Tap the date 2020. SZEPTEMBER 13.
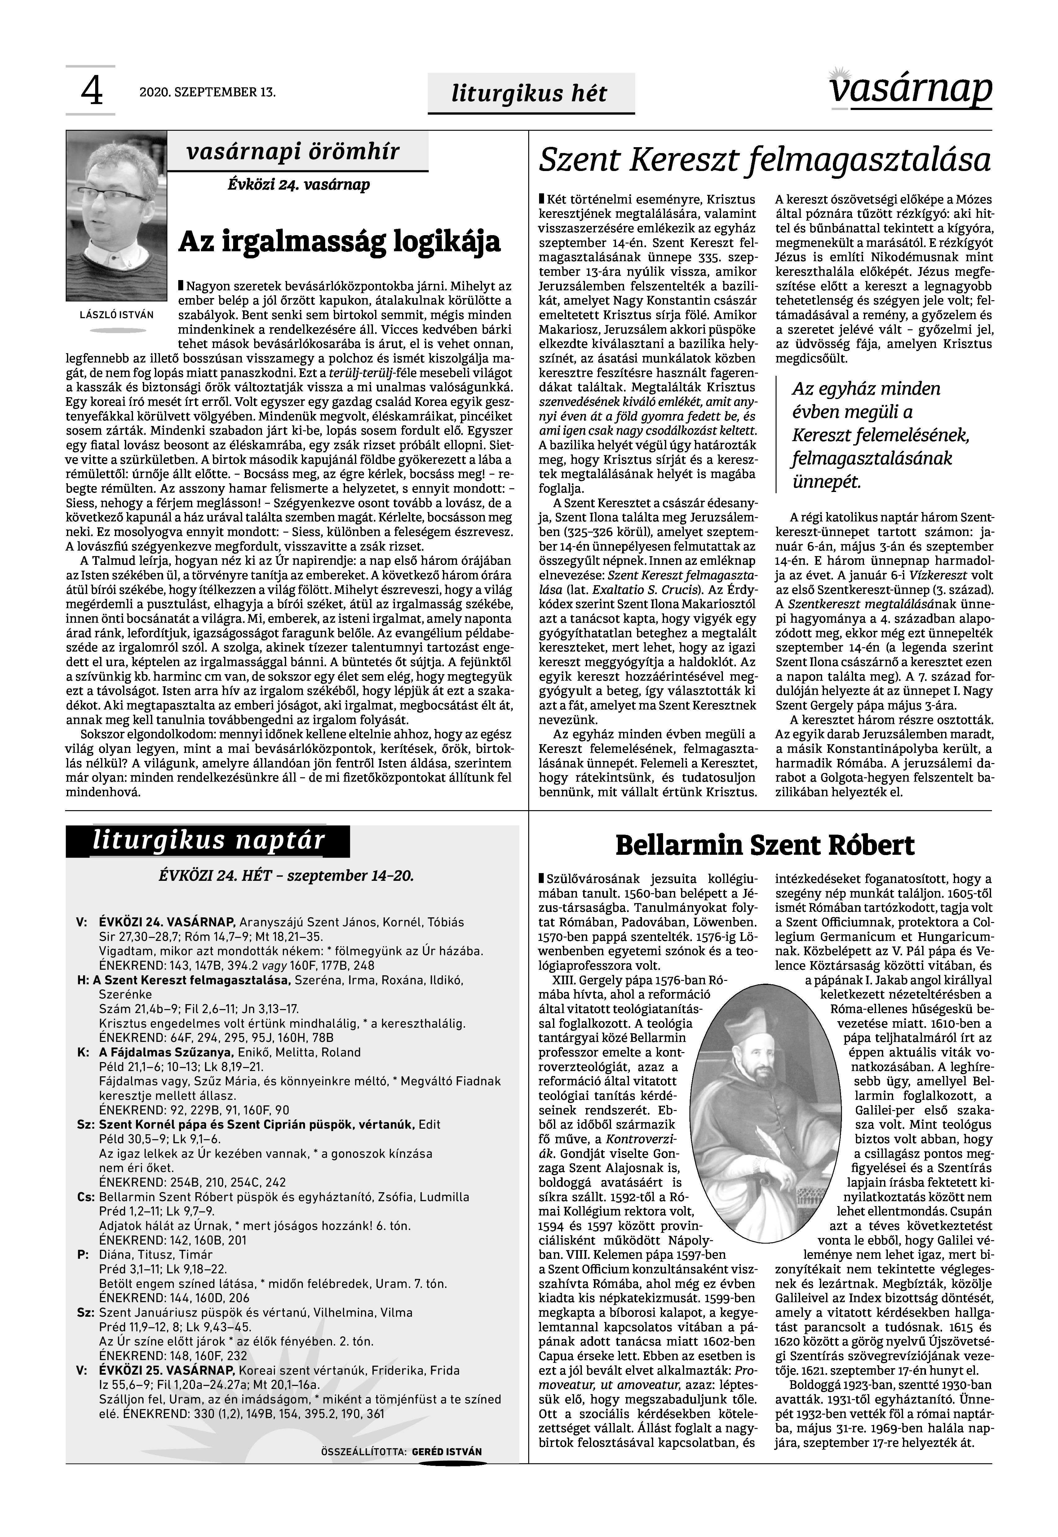pos(207,92)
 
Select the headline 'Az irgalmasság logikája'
pos(339,241)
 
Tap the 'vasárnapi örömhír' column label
pos(293,152)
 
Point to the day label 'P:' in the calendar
pos(83,1255)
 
